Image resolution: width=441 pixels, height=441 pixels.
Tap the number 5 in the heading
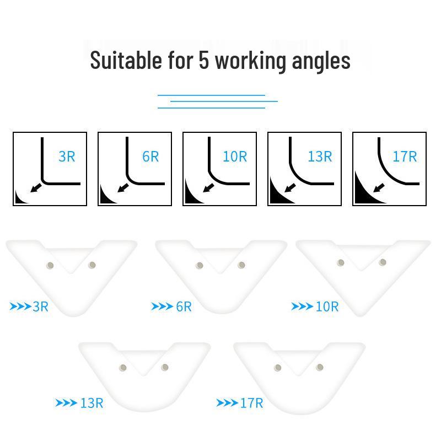(x=203, y=60)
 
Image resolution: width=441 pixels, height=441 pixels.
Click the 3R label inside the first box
(x=67, y=157)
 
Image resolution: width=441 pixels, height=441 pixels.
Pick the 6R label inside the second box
(x=150, y=157)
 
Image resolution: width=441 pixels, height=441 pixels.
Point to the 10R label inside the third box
(x=235, y=157)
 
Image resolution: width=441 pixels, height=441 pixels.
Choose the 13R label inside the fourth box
(x=320, y=157)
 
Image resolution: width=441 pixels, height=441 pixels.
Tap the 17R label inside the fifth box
(x=405, y=157)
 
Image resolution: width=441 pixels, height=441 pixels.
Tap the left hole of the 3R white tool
(x=51, y=266)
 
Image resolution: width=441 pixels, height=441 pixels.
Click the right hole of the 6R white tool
(x=241, y=265)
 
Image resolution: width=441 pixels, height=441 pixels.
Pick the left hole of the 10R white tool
(x=341, y=263)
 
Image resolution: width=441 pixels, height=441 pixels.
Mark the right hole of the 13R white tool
(x=164, y=367)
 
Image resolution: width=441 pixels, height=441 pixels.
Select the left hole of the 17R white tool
(x=278, y=368)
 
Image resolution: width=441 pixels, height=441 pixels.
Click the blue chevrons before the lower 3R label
(x=20, y=306)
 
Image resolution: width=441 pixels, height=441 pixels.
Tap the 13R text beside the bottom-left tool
(x=92, y=403)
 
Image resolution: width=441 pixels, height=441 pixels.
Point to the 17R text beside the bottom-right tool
(x=251, y=403)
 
